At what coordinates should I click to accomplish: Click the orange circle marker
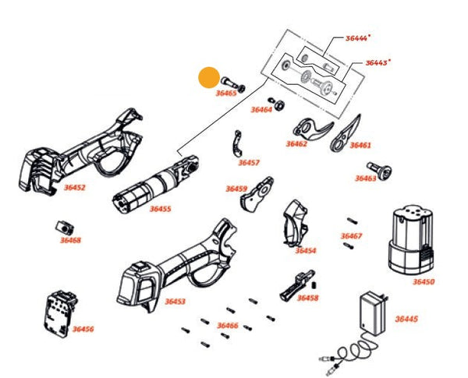[x=209, y=77]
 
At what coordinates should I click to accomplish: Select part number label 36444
[x=358, y=37]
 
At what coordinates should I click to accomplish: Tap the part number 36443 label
[x=378, y=62]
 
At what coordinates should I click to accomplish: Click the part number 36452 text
[x=74, y=187]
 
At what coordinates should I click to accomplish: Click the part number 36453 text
[x=175, y=301]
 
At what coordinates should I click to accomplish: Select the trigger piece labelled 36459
[x=256, y=196]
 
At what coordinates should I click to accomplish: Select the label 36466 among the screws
[x=228, y=325]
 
